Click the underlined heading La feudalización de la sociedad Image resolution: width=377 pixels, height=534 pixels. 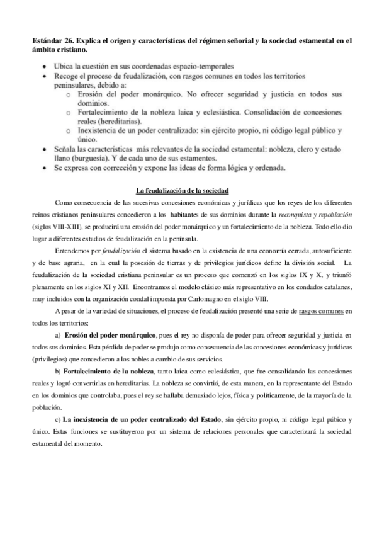coord(182,190)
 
